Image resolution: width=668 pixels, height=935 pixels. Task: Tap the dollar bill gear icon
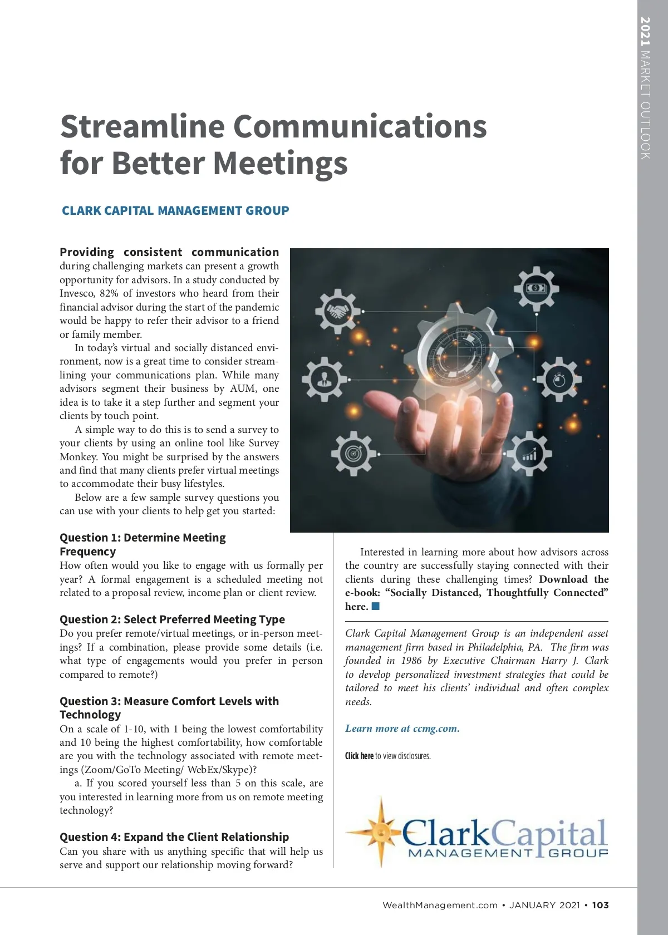pyautogui.click(x=536, y=289)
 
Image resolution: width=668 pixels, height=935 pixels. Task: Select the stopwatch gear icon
pyautogui.click(x=559, y=381)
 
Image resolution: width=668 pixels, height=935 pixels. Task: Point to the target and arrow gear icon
pyautogui.click(x=353, y=453)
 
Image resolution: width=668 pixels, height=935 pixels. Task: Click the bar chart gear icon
pyautogui.click(x=529, y=454)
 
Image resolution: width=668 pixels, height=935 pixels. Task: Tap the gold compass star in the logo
pyautogui.click(x=381, y=832)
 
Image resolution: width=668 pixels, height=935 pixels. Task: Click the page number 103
pyautogui.click(x=600, y=905)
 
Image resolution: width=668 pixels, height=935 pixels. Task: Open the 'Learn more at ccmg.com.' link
pyautogui.click(x=402, y=729)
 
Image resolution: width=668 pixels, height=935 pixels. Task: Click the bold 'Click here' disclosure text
pyautogui.click(x=359, y=756)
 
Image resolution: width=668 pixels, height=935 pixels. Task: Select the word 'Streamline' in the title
pyautogui.click(x=143, y=126)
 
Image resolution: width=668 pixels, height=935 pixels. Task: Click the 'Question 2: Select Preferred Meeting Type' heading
pyautogui.click(x=172, y=619)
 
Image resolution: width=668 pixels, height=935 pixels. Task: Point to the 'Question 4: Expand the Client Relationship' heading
pyautogui.click(x=174, y=837)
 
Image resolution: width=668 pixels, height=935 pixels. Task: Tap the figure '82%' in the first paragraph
pyautogui.click(x=109, y=293)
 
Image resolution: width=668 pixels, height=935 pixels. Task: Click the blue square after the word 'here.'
pyautogui.click(x=376, y=606)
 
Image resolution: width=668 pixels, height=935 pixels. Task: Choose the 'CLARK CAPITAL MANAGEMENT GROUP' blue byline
pyautogui.click(x=175, y=211)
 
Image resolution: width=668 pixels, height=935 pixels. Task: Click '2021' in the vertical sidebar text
pyautogui.click(x=645, y=32)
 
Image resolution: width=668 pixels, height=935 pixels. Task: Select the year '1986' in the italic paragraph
pyautogui.click(x=412, y=661)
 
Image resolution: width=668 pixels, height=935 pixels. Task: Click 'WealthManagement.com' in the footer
pyautogui.click(x=440, y=905)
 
